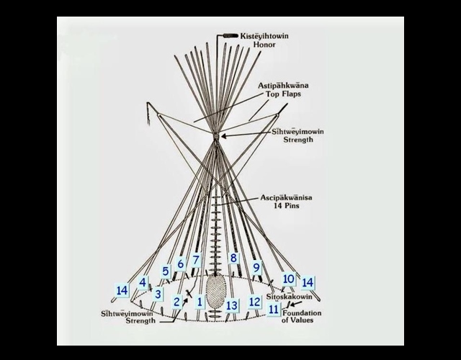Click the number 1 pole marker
tap(200, 302)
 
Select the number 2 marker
tap(177, 302)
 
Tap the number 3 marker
tap(158, 294)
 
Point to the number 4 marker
tap(143, 283)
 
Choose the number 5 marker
tap(166, 271)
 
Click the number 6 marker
tap(181, 264)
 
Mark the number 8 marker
tap(233, 258)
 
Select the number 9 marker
tap(256, 267)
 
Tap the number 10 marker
tap(288, 279)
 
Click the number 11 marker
tap(273, 310)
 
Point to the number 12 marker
tap(254, 302)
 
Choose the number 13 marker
tap(231, 305)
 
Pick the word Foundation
tap(302, 313)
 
